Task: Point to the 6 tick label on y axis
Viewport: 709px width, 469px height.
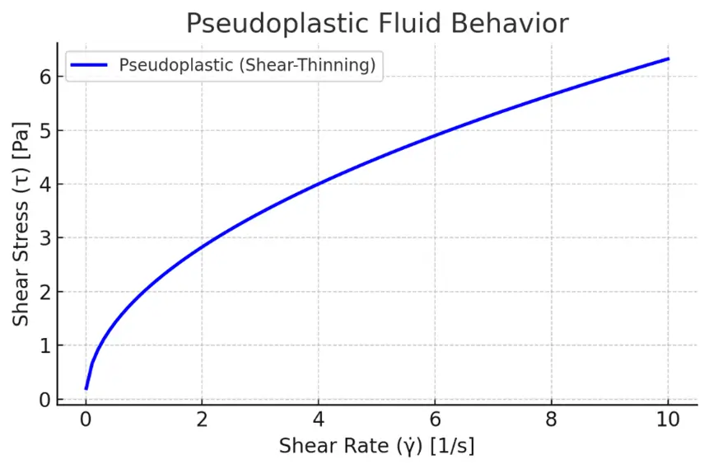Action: click(x=45, y=77)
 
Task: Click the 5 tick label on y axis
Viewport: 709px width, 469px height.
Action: click(x=45, y=130)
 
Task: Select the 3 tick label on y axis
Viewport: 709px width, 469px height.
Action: click(x=45, y=238)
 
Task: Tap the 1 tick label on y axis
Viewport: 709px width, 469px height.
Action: click(x=45, y=346)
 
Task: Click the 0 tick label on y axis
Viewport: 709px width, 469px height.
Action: click(x=45, y=400)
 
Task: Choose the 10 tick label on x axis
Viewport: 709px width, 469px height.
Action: click(x=668, y=420)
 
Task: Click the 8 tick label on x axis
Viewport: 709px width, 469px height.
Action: click(x=552, y=420)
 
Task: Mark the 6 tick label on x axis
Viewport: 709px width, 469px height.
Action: click(x=435, y=420)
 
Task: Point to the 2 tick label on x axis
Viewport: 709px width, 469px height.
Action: click(x=203, y=420)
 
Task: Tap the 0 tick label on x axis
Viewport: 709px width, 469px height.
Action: click(x=86, y=420)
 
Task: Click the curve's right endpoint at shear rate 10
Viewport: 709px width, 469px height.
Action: click(x=668, y=59)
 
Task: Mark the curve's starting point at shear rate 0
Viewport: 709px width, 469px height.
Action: click(x=86, y=388)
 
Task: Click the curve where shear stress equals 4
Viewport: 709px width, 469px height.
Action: click(x=319, y=184)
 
